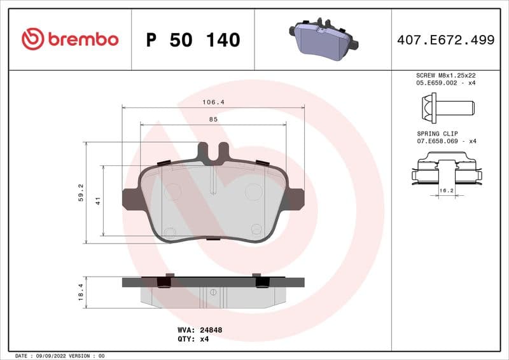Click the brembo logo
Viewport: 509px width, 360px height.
[70, 39]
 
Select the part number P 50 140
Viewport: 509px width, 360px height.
[193, 40]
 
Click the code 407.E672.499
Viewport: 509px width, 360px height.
[445, 40]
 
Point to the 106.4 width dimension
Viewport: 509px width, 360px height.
[213, 102]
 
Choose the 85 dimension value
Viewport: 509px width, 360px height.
[213, 119]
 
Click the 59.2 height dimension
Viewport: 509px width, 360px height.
[81, 192]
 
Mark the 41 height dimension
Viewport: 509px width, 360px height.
[99, 200]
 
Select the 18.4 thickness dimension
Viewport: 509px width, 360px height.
[81, 293]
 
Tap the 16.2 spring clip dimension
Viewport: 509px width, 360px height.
[447, 190]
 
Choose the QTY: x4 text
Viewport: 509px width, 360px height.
[193, 339]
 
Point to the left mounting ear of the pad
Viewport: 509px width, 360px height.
[132, 199]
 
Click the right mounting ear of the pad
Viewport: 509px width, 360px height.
[295, 199]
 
